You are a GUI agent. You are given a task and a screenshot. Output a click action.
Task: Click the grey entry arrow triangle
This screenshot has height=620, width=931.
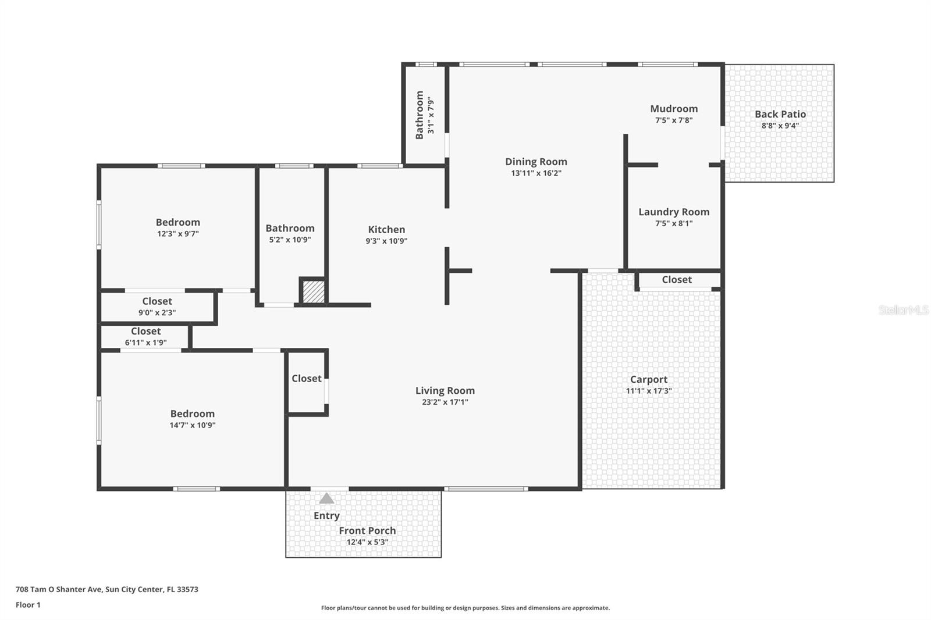[326, 498]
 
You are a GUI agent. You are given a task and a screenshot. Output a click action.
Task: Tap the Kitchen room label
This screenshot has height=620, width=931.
[386, 230]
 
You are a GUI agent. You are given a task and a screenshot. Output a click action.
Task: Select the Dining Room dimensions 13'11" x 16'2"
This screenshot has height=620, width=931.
[536, 173]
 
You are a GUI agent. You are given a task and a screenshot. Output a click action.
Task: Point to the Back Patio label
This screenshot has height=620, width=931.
[780, 115]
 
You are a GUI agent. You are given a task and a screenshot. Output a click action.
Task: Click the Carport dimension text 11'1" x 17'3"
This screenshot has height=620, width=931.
[649, 391]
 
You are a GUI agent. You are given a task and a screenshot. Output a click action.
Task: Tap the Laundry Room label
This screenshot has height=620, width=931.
[674, 212]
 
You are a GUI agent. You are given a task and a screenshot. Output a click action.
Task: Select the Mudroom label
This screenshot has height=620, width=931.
[674, 109]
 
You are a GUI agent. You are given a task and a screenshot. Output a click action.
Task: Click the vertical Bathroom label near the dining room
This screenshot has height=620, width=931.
[420, 115]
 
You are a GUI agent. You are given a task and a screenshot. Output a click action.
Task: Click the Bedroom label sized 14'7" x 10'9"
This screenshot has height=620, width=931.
[192, 414]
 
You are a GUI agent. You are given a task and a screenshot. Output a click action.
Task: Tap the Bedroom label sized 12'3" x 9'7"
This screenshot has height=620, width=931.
[177, 223]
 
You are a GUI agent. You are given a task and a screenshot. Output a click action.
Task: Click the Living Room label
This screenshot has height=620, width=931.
[445, 391]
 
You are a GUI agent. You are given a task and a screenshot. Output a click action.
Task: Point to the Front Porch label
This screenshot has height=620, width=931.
[367, 530]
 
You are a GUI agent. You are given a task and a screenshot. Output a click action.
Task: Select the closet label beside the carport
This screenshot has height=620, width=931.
[677, 280]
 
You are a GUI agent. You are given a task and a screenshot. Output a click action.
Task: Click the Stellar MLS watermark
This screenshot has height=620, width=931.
[903, 311]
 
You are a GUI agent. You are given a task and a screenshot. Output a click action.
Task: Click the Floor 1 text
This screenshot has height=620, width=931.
[28, 605]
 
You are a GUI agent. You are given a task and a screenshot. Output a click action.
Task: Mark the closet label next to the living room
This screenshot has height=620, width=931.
[306, 379]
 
